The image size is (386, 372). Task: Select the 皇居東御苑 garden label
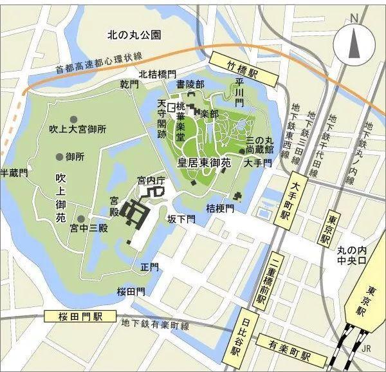pyautogui.click(x=204, y=163)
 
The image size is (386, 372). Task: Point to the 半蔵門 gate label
pyautogui.click(x=14, y=172)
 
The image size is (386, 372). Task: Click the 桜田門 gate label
pyautogui.click(x=131, y=292)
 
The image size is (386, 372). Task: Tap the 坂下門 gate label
pyautogui.click(x=181, y=219)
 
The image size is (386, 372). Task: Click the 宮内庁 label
pyautogui.click(x=151, y=181)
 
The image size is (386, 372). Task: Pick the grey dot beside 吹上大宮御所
pyautogui.click(x=74, y=120)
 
